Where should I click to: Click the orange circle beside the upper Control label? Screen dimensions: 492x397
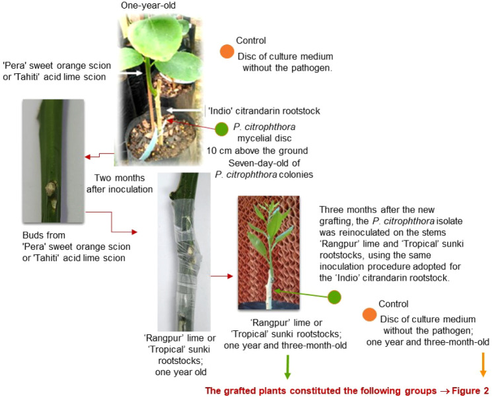point(227,52)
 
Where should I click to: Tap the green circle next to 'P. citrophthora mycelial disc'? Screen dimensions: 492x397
point(222,129)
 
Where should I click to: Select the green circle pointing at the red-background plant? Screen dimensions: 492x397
point(334,297)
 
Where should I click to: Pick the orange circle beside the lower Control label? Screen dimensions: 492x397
point(369,314)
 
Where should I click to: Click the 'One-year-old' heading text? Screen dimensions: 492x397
point(148,5)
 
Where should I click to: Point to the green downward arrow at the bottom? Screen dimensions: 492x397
point(287,367)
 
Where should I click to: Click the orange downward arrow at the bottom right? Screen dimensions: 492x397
point(483,365)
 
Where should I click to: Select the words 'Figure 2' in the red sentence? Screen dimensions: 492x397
point(470,390)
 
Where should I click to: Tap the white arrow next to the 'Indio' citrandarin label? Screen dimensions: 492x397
point(184,110)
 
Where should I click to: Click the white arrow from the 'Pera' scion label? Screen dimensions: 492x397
point(132,72)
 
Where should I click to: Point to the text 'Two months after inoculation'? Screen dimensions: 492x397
point(120,184)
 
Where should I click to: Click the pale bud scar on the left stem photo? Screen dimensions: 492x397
point(50,189)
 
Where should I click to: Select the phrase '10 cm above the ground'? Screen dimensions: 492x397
point(257,151)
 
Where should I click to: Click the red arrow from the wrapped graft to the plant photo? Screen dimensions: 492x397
point(221,276)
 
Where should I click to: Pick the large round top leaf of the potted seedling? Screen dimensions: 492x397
point(155,38)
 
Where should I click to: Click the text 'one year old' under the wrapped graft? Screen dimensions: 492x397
point(181,372)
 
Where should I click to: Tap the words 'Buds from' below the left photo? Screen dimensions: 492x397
point(44,235)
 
